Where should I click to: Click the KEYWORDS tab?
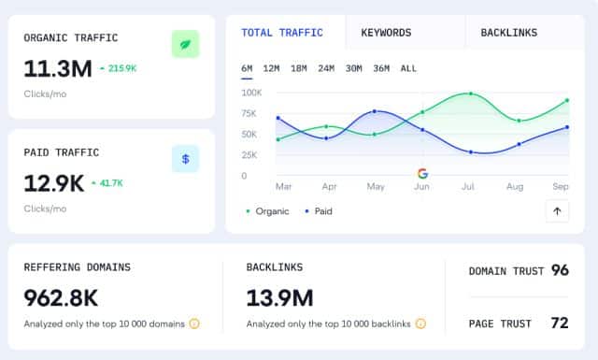pos(386,33)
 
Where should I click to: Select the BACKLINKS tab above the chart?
pos(508,33)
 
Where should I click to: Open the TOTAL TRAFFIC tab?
pos(282,33)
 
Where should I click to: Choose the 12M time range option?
pos(272,68)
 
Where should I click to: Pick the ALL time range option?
pos(408,68)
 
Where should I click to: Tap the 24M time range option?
pos(326,68)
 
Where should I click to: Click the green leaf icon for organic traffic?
pos(185,44)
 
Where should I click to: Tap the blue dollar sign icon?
pos(185,159)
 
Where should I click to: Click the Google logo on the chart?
pos(422,173)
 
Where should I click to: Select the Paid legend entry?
pos(321,211)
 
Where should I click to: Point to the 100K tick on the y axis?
pos(250,93)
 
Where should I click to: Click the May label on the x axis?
pos(376,187)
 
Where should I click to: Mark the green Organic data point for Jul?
pos(471,94)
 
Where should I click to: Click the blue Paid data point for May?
pos(375,111)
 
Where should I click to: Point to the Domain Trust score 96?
pos(560,270)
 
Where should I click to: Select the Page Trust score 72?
pos(560,324)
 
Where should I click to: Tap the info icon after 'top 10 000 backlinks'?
pos(420,324)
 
